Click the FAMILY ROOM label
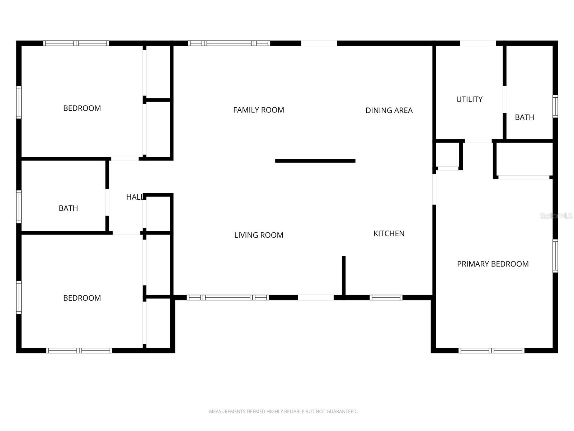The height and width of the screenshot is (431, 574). click(258, 110)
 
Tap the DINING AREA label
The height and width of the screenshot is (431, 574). click(389, 110)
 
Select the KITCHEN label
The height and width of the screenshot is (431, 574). click(389, 233)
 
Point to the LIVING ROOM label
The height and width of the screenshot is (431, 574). click(259, 235)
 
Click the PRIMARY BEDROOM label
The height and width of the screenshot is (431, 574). click(493, 264)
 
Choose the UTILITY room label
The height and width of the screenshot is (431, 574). click(469, 99)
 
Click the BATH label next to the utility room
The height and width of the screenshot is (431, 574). click(524, 117)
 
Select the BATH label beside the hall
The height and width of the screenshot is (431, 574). click(68, 208)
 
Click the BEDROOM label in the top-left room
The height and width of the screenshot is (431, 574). click(82, 108)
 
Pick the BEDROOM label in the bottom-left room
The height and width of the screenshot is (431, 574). click(82, 298)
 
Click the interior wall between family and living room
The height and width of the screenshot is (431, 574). click(315, 161)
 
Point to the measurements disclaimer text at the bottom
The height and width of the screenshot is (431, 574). click(283, 411)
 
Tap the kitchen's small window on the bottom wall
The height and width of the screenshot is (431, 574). click(386, 297)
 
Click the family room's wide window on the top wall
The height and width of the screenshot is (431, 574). click(229, 43)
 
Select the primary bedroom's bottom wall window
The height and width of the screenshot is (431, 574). click(491, 350)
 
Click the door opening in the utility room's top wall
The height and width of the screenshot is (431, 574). click(478, 43)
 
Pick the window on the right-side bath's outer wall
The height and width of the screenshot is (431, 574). click(555, 106)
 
